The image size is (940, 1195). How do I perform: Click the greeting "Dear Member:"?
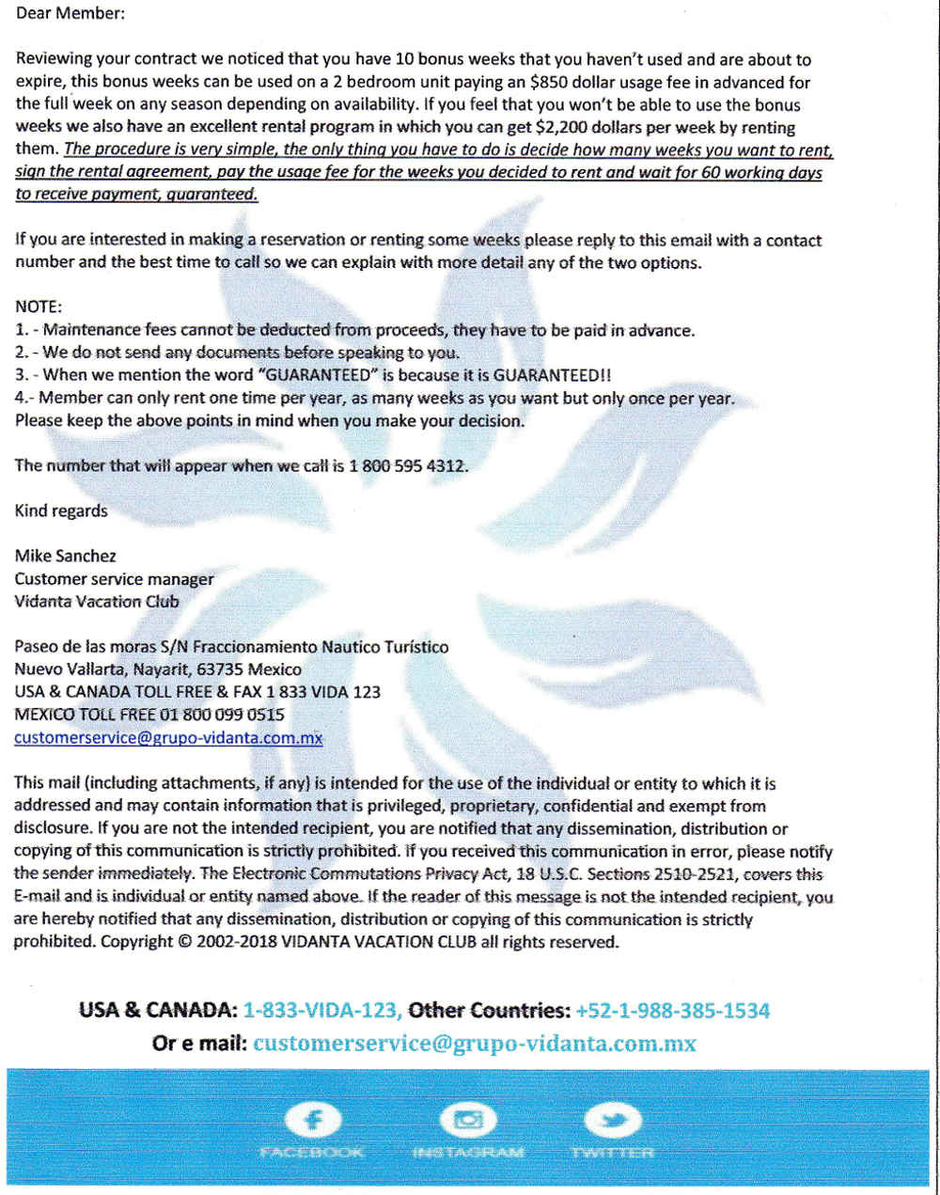point(70,14)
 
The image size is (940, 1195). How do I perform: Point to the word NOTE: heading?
point(38,307)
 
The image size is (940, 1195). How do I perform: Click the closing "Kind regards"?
point(61,511)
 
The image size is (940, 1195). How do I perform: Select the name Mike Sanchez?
point(66,556)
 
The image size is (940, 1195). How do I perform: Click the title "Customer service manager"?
point(114,578)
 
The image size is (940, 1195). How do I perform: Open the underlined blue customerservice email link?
point(168,738)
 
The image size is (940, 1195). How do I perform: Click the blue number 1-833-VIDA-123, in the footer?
point(322,1011)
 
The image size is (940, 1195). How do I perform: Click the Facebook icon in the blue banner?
point(311,1120)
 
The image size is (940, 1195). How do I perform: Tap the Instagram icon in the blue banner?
point(467,1120)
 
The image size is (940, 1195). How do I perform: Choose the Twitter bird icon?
point(612,1120)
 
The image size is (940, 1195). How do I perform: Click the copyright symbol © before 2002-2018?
point(184,942)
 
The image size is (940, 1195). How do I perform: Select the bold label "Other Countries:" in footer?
point(489,1011)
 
